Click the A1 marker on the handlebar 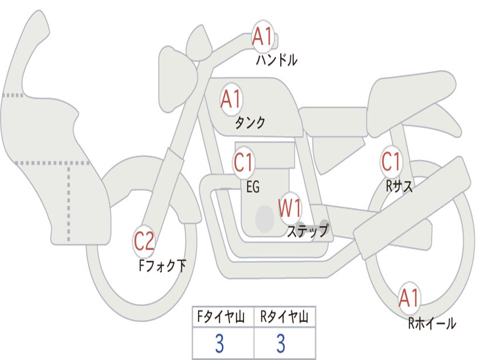tap(262, 36)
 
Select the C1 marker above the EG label tap(244, 162)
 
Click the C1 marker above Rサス tap(391, 161)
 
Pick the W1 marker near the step tap(290, 208)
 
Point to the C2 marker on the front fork tap(144, 241)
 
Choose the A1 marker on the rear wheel tap(409, 298)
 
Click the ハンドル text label tap(277, 60)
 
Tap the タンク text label tap(250, 122)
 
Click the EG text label tap(253, 187)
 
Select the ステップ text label tap(307, 231)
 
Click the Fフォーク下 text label tap(162, 266)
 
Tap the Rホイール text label tap(432, 323)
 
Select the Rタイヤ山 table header tap(284, 317)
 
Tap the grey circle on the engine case tap(265, 218)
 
